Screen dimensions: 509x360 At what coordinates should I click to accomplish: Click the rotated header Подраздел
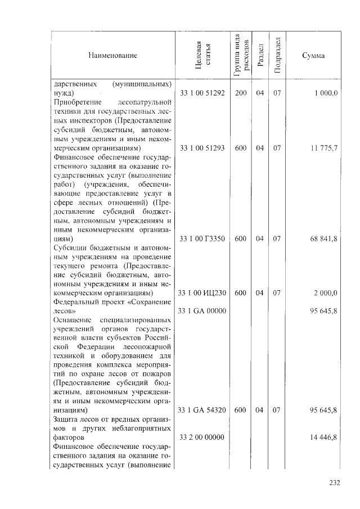pos(277,55)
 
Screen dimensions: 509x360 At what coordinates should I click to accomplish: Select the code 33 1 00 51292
pos(202,93)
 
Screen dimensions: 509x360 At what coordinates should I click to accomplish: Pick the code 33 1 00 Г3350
pos(202,238)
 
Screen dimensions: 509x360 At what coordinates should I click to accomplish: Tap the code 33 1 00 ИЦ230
pos(202,293)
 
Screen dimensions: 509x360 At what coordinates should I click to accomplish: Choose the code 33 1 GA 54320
pos(202,411)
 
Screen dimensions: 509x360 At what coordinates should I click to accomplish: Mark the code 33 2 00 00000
pos(202,437)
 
